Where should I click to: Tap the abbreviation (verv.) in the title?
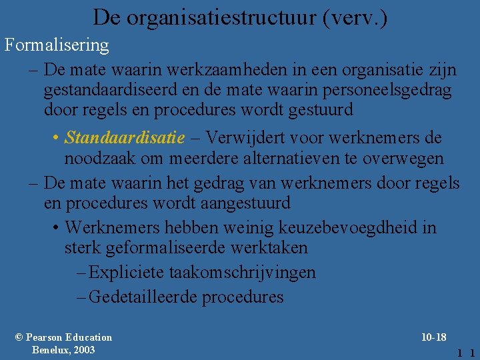click(x=354, y=17)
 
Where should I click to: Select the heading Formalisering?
click(x=57, y=45)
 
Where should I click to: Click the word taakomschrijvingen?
click(x=243, y=272)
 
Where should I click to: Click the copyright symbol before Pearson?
click(x=19, y=337)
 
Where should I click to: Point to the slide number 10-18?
click(x=434, y=337)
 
